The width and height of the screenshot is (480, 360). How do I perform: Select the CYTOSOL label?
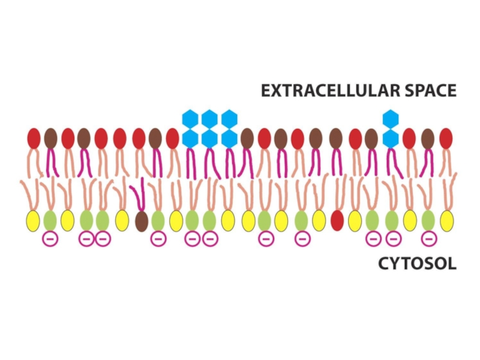click(417, 263)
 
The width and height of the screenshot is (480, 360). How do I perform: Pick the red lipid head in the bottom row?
click(337, 220)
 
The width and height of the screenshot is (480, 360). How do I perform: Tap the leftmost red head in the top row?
click(34, 138)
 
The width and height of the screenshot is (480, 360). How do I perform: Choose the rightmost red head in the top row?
click(446, 138)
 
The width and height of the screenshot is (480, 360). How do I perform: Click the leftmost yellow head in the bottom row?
click(32, 220)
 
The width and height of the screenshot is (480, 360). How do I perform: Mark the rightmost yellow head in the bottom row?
click(446, 220)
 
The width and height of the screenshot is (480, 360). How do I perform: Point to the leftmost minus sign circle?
click(48, 239)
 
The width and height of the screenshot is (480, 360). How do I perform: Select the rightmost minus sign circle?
click(428, 239)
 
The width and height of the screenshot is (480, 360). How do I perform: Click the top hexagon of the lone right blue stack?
click(391, 119)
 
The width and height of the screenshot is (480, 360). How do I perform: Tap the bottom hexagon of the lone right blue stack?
click(391, 139)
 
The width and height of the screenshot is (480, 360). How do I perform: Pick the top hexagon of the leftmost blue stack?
click(190, 119)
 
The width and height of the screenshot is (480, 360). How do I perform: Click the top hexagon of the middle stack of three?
click(209, 119)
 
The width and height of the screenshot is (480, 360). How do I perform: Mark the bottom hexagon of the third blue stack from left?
click(229, 139)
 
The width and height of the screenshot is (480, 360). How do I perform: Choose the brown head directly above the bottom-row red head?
click(336, 138)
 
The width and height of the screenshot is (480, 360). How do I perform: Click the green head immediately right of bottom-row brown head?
click(158, 220)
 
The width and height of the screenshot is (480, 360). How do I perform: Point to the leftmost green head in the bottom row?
click(50, 220)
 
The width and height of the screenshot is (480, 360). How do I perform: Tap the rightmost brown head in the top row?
click(428, 138)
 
